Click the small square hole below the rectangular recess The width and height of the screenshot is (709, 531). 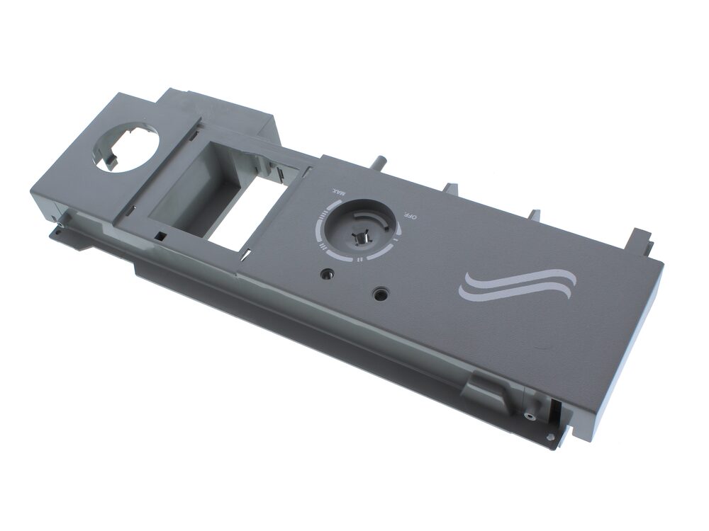160,235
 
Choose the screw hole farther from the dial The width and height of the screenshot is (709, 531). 379,295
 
